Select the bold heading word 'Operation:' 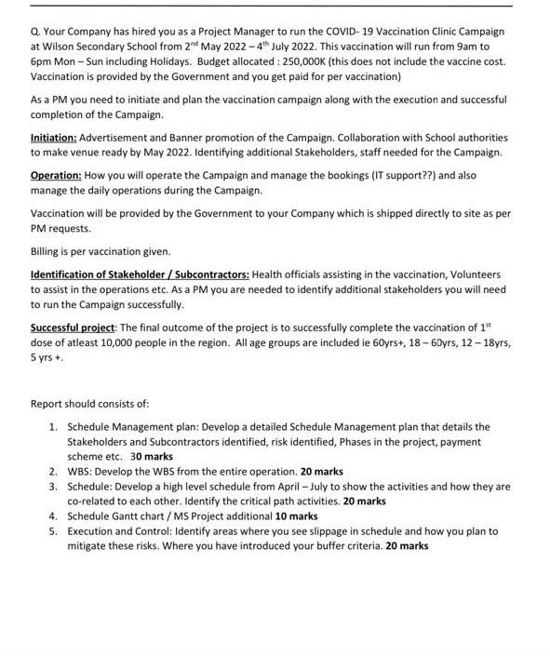click(x=58, y=174)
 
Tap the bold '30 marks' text click(x=152, y=457)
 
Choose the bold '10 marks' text click(x=296, y=515)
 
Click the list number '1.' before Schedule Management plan click(x=54, y=427)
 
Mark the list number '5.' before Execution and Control click(x=54, y=530)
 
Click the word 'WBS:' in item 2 click(x=81, y=472)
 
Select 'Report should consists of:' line click(x=89, y=404)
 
